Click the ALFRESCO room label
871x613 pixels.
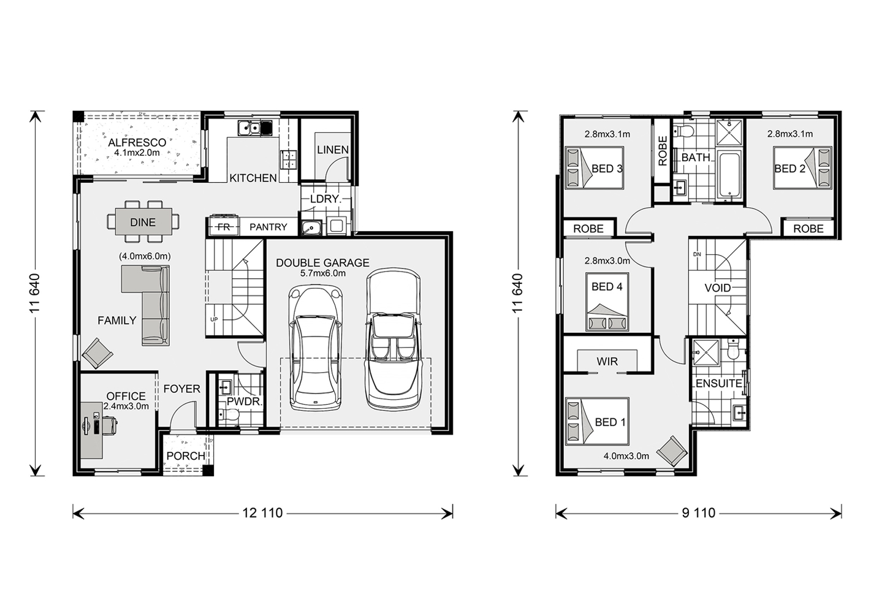(x=137, y=142)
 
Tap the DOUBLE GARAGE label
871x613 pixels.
(x=322, y=263)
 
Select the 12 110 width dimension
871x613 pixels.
(x=262, y=513)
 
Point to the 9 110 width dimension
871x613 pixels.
(x=698, y=513)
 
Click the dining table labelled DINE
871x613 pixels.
(x=143, y=222)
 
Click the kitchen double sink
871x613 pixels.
(x=249, y=128)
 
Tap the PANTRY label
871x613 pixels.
(x=268, y=227)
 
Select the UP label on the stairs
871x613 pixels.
(x=214, y=319)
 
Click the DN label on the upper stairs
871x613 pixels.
(x=697, y=254)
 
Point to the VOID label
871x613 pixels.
(x=717, y=288)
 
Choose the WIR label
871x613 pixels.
(x=607, y=361)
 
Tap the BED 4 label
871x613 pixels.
(x=607, y=287)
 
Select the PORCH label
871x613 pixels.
(x=186, y=456)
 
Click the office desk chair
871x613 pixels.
(x=109, y=425)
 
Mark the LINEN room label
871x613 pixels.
(x=332, y=150)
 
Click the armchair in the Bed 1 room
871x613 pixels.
(x=672, y=451)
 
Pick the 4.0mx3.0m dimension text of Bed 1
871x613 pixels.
(x=626, y=456)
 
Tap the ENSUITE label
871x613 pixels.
(x=718, y=384)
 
